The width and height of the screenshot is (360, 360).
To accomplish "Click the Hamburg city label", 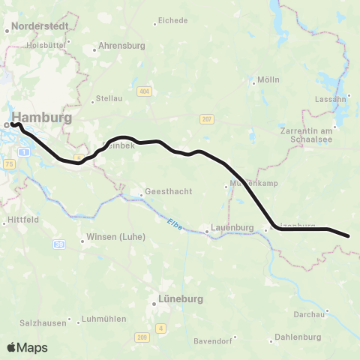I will (x=42, y=118).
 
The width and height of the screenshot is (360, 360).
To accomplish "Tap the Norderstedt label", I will (x=41, y=25).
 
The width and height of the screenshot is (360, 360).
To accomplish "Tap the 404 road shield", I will (x=144, y=91).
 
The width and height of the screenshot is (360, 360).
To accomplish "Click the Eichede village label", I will (x=173, y=20).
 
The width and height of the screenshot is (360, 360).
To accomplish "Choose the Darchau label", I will (x=316, y=313).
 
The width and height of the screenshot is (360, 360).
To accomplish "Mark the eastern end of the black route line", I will (x=349, y=236).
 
